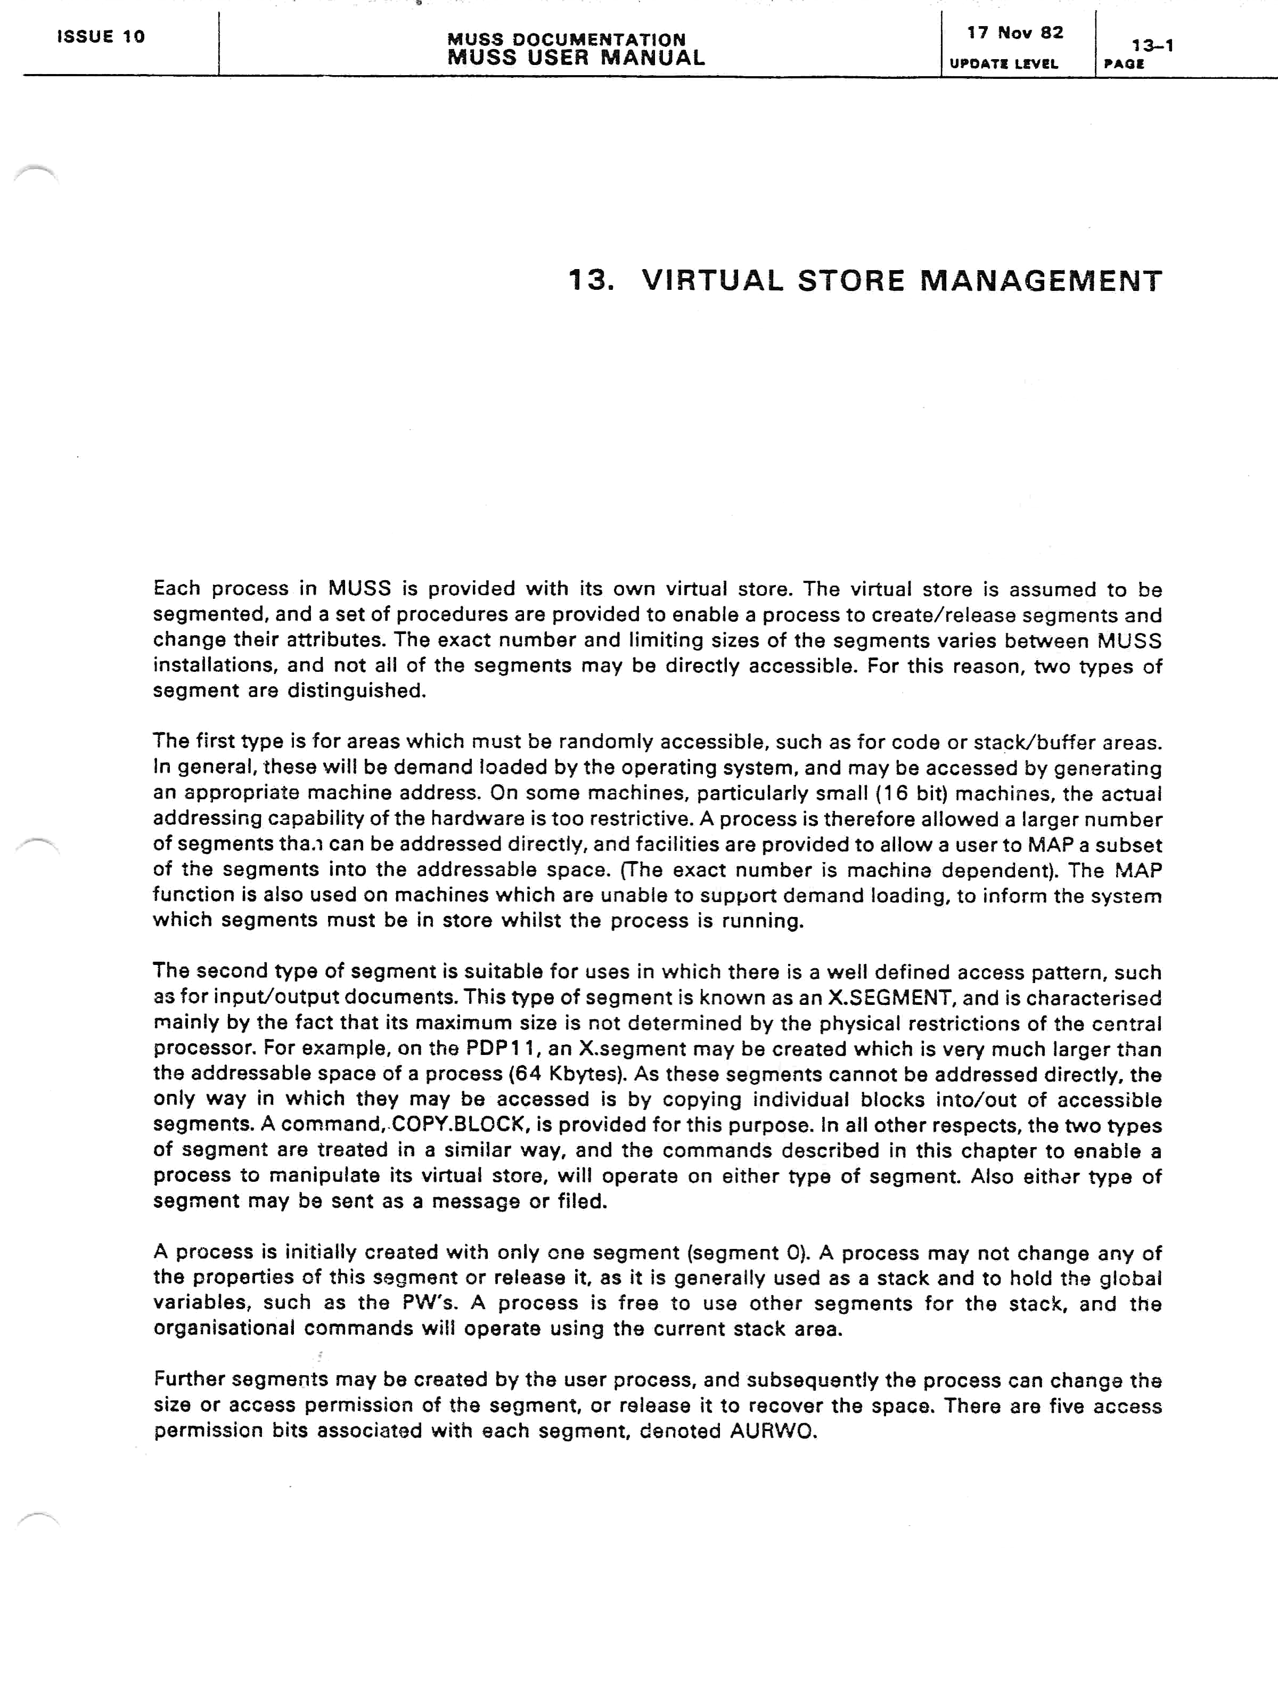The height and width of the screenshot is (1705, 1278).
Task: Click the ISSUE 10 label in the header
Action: click(101, 37)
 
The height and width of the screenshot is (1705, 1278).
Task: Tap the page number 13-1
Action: click(1152, 45)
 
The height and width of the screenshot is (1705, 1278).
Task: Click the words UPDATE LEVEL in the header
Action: click(1003, 64)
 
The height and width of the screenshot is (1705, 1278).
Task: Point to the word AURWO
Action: click(773, 1431)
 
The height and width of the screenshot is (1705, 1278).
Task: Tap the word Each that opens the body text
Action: click(177, 589)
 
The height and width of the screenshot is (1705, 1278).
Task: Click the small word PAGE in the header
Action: click(1123, 64)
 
